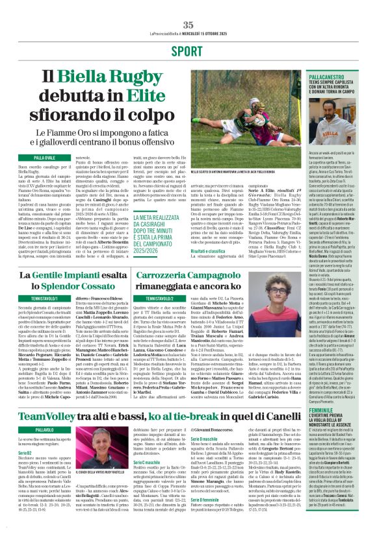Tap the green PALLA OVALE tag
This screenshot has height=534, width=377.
[x=45, y=158]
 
